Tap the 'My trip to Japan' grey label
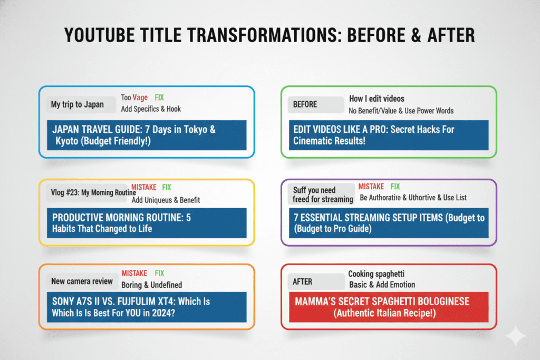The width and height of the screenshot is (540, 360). click(x=81, y=105)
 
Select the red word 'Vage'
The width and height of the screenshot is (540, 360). click(x=140, y=98)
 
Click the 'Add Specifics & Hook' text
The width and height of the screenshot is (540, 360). click(x=151, y=109)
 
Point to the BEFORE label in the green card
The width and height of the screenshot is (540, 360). click(x=316, y=105)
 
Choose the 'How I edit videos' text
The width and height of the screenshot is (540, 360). click(x=377, y=99)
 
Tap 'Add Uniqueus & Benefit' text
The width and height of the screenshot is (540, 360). click(x=166, y=200)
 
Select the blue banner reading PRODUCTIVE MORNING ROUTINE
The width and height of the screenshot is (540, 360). click(x=147, y=223)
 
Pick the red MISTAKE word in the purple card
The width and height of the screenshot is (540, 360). click(x=371, y=187)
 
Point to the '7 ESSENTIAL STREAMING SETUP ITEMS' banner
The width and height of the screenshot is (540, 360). click(x=389, y=223)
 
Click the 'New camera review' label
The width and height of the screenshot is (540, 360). click(x=81, y=281)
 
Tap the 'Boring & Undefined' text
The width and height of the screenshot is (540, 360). click(x=151, y=285)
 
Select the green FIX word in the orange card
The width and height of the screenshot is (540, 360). click(x=159, y=273)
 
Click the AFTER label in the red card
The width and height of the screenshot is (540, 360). click(x=316, y=282)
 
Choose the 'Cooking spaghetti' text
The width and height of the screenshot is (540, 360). click(x=376, y=274)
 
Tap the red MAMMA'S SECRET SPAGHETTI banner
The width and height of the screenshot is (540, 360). click(x=389, y=307)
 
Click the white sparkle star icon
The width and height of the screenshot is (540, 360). click(x=516, y=335)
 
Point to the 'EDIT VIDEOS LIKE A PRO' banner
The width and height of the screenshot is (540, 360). click(x=389, y=135)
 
